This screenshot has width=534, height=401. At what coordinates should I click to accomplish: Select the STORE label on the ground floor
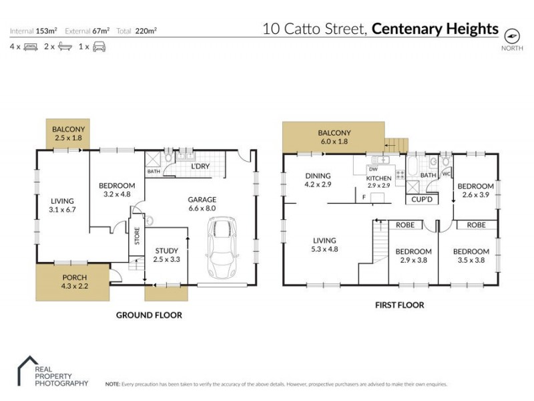point(137,237)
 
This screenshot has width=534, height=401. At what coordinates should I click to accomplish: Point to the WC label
point(447,175)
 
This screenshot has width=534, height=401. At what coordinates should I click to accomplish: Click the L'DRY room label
point(201,166)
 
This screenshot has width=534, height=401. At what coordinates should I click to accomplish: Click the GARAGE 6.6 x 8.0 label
point(201,203)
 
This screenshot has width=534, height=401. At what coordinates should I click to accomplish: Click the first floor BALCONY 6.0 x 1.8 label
point(334,137)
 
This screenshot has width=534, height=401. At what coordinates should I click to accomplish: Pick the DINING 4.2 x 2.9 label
point(318,180)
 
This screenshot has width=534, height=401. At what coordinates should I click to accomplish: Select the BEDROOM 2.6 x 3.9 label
point(476,190)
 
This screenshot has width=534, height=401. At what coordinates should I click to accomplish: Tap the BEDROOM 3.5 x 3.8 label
point(471,256)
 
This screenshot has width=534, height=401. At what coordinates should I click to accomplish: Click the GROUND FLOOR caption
point(149,315)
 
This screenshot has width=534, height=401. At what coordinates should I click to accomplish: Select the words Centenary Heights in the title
point(435,29)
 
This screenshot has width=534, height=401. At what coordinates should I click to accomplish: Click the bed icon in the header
point(30,47)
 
